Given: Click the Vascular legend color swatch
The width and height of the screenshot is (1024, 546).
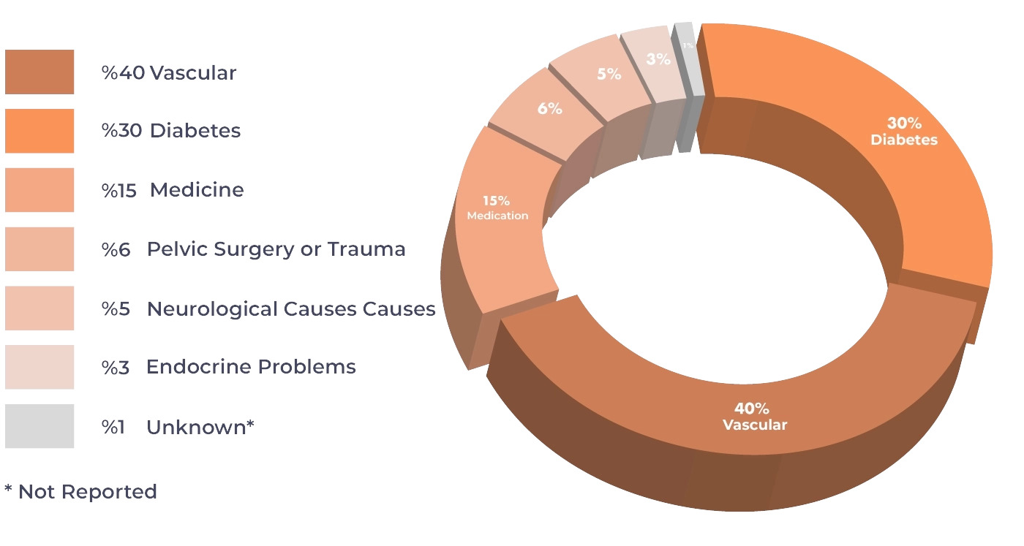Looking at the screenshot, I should (39, 72).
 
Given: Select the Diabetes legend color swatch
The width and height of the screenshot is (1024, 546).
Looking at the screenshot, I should (39, 131).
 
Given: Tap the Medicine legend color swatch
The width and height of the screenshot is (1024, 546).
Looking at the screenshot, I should (39, 190).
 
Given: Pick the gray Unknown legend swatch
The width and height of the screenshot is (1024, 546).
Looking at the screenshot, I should (39, 426).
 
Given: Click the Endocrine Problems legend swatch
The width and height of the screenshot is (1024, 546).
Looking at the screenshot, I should (39, 367).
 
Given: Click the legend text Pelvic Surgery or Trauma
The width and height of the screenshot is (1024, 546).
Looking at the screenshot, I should (276, 249).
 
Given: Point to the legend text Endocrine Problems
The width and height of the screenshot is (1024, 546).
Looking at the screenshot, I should (251, 367).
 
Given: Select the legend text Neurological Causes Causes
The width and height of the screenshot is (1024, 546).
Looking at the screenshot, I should (291, 308).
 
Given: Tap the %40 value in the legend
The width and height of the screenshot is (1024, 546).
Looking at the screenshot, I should (123, 73).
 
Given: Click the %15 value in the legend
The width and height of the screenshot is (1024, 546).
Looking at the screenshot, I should (118, 191).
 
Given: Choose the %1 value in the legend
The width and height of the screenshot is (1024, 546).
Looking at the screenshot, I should (113, 427).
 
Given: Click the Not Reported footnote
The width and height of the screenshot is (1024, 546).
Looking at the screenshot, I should (80, 492).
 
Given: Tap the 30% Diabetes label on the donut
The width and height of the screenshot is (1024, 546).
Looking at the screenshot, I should (904, 132).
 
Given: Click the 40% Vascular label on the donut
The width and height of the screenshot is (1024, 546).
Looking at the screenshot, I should (755, 417).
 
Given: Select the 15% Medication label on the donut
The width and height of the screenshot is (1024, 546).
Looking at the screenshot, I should (497, 208).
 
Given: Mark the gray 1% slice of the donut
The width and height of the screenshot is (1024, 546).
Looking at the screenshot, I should (688, 51).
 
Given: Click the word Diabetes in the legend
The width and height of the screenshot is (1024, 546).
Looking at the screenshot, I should (195, 132).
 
